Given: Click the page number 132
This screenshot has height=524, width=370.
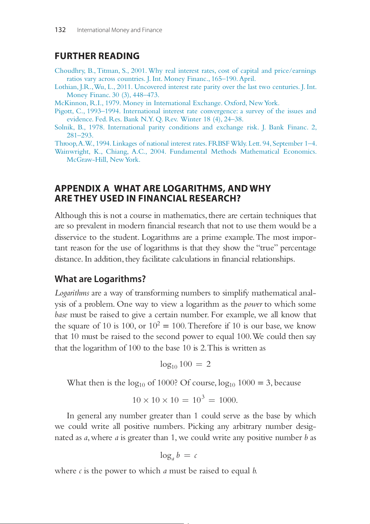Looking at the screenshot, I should point(60,30).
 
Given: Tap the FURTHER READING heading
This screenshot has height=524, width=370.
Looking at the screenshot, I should point(97,56).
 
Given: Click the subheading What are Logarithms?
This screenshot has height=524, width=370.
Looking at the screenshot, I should point(100,279).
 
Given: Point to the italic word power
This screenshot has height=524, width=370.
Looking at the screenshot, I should point(253,304).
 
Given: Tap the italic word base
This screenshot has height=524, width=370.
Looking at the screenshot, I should point(61,315).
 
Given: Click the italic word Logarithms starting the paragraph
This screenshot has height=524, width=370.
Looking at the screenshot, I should point(72,293).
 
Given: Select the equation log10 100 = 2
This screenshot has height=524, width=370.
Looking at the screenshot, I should point(185,364).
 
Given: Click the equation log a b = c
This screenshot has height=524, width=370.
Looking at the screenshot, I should point(179,456).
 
